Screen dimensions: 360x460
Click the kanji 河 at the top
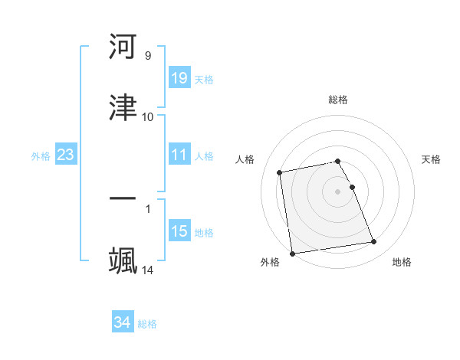coord(123,47)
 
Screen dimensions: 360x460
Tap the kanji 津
coord(123,108)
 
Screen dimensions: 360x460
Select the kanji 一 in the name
coord(123,200)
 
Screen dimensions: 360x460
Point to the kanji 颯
coord(123,260)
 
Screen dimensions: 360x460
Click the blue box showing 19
coord(179,77)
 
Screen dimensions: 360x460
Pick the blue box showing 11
coord(179,155)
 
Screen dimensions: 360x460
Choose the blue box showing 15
coord(179,231)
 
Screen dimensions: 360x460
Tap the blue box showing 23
coord(65,155)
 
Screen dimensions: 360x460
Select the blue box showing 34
coord(123,322)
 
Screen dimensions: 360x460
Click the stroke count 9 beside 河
coord(148,56)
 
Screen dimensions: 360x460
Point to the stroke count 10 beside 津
coord(148,117)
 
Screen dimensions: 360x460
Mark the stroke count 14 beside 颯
coord(148,270)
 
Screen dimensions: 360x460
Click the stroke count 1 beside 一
coord(148,208)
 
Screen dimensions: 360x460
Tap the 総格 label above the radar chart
coord(338,100)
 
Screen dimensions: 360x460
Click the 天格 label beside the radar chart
coord(432,159)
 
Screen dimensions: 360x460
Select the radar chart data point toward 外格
coord(292,253)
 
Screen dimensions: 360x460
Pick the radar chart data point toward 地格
coord(373,242)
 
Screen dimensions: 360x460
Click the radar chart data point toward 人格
coord(280,172)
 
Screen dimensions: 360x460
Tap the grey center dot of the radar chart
coord(338,191)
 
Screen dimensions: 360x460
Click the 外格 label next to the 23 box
coord(41,155)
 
